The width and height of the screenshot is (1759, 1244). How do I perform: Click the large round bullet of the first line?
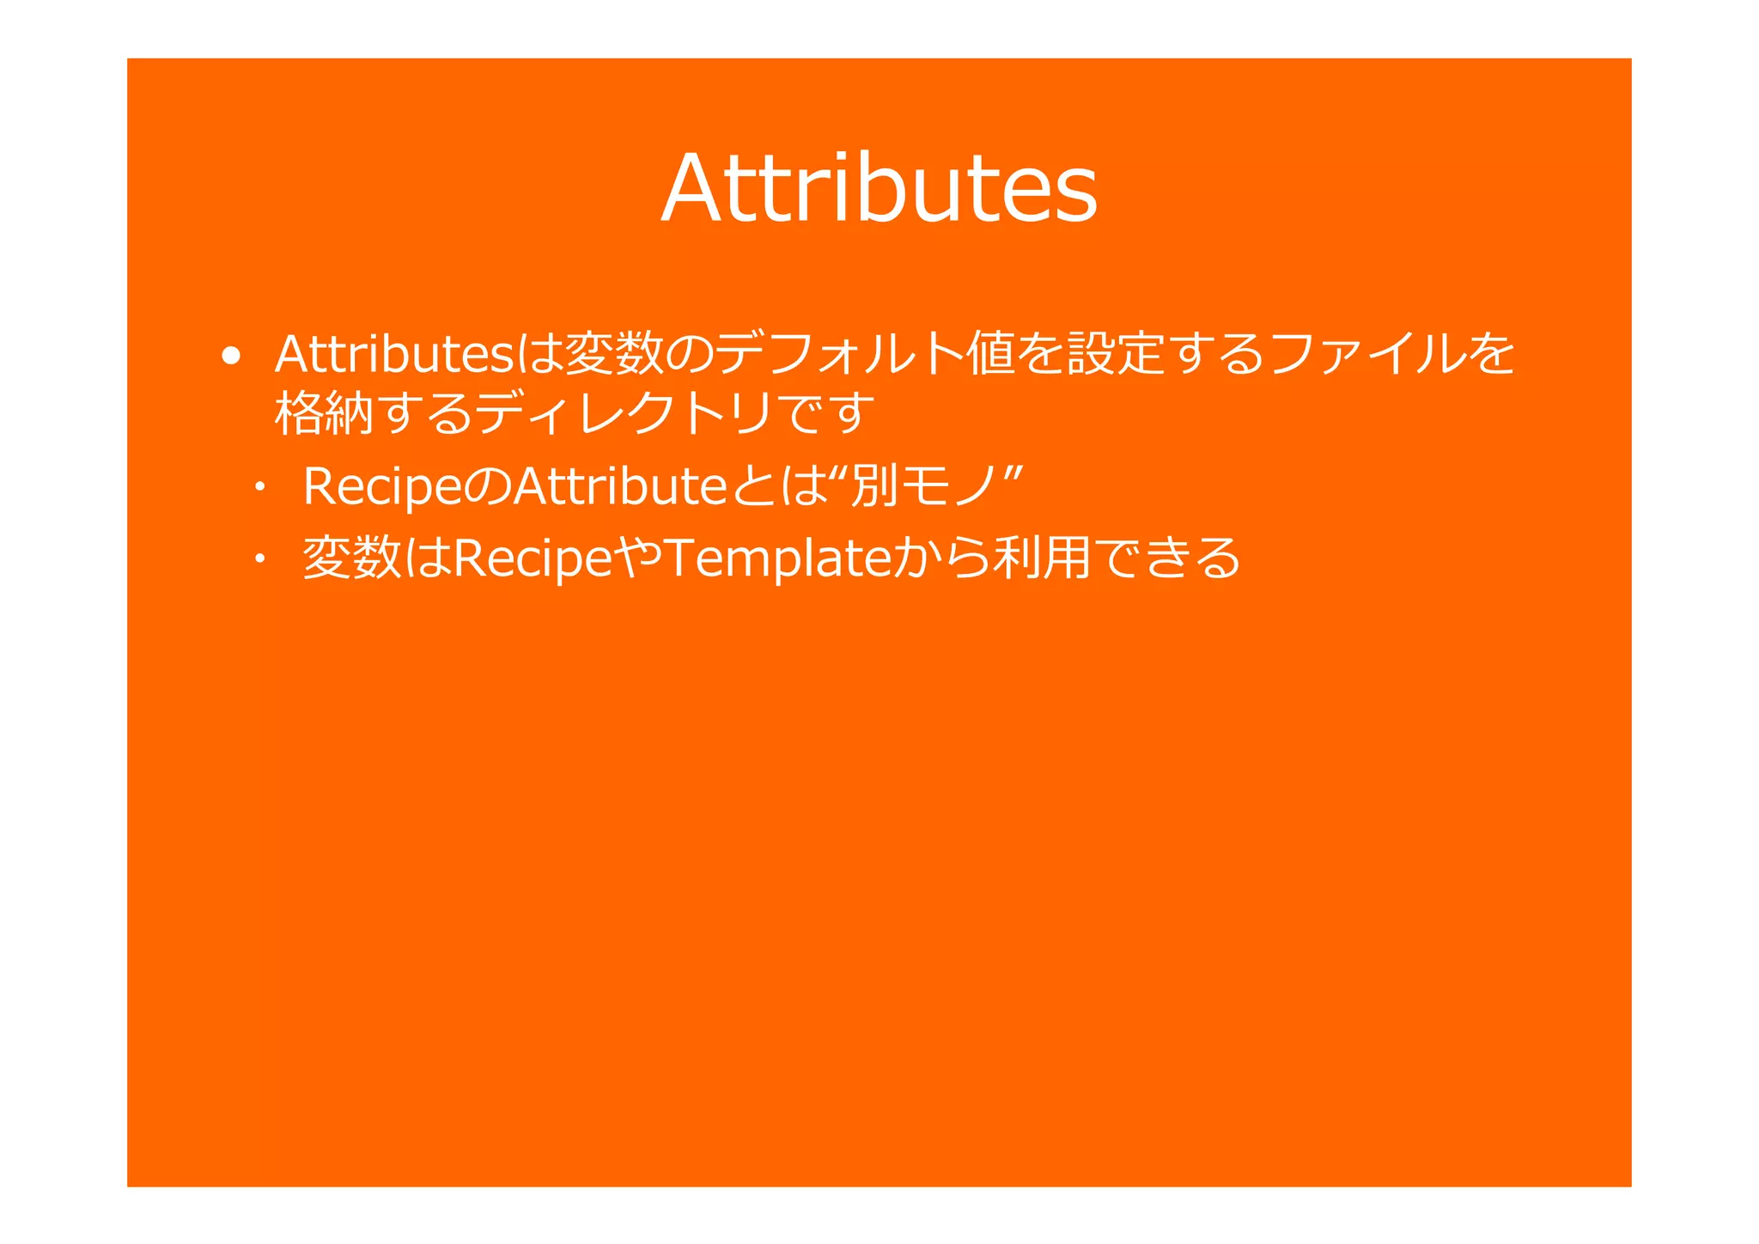click(x=230, y=356)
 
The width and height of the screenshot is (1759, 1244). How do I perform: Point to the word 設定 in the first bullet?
click(x=1116, y=353)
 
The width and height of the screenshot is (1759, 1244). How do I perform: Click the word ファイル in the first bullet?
click(x=1366, y=353)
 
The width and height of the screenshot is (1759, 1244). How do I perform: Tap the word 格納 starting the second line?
click(x=324, y=413)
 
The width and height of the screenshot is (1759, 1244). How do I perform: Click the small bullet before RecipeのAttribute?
click(x=258, y=489)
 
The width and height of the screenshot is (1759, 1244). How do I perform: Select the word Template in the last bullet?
click(x=777, y=558)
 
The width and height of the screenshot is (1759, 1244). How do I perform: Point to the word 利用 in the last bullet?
click(x=1042, y=558)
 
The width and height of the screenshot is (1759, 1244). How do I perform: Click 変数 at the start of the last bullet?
click(x=352, y=558)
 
